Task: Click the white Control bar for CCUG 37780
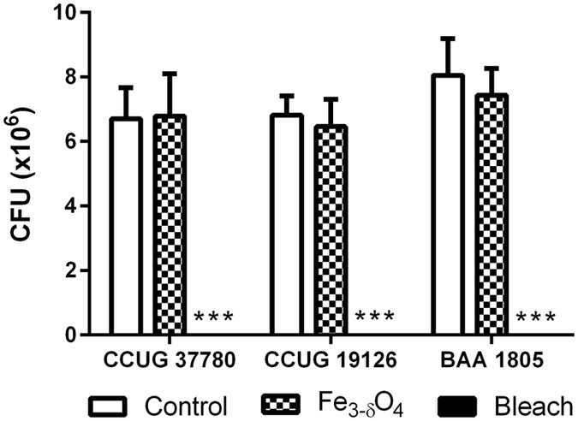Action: pos(126,227)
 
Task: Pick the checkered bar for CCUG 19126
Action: pos(330,231)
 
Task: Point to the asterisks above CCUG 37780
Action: pos(214,318)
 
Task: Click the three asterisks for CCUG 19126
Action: pos(374,318)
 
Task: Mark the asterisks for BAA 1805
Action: pos(535,318)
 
